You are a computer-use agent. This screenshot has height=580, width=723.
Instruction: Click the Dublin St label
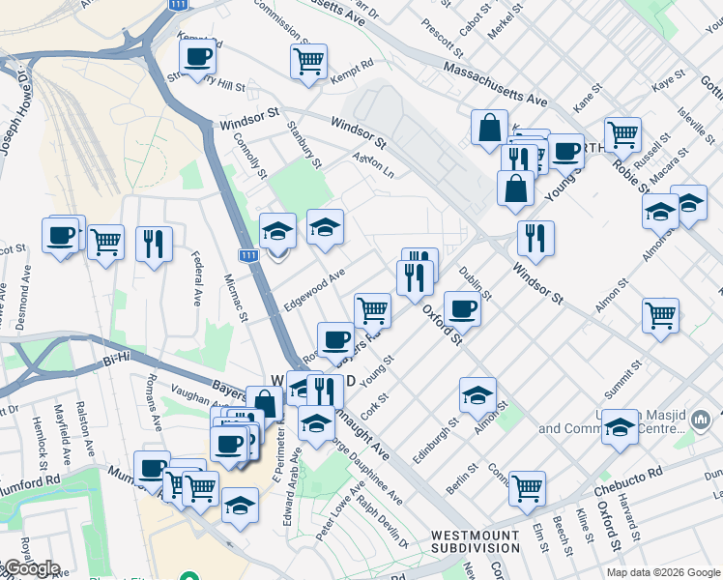pyautogui.click(x=476, y=281)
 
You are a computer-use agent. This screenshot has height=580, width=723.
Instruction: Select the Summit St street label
pyautogui.click(x=623, y=381)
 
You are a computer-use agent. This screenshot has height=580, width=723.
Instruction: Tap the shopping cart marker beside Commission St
pyautogui.click(x=308, y=61)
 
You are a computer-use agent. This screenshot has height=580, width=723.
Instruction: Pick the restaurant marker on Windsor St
pyautogui.click(x=535, y=238)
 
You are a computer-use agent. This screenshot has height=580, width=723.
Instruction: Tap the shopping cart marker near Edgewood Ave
pyautogui.click(x=372, y=309)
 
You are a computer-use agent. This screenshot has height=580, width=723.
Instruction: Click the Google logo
pyautogui.click(x=31, y=568)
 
